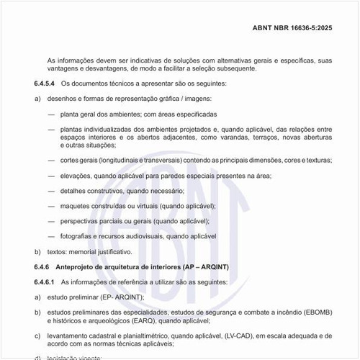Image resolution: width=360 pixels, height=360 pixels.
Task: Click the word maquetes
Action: tap(76, 205)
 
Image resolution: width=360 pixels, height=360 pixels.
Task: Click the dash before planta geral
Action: tap(52, 114)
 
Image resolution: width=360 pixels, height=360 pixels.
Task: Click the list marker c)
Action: tap(37, 336)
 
